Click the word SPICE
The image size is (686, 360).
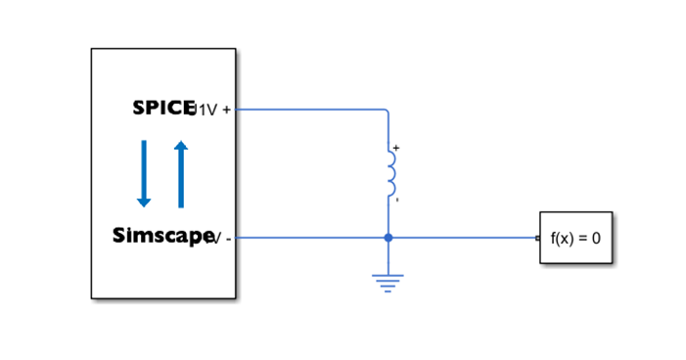pos(161,108)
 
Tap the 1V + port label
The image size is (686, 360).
pos(213,110)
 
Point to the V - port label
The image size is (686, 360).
pos(221,238)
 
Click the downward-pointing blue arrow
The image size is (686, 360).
pos(144,172)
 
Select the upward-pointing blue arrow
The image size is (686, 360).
pos(180,174)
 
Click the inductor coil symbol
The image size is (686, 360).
pos(390,174)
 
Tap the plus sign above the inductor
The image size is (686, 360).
pos(395,148)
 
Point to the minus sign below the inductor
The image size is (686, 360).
pos(395,201)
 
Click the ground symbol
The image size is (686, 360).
pos(389,283)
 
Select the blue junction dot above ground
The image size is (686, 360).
pos(389,238)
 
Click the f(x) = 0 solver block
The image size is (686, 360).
pos(575,238)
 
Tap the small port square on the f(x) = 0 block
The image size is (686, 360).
pos(537,238)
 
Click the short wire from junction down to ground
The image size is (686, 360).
pos(389,256)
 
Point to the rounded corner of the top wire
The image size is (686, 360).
pos(387,112)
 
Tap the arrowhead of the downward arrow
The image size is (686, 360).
pos(144,202)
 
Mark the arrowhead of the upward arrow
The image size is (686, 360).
pos(180,146)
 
